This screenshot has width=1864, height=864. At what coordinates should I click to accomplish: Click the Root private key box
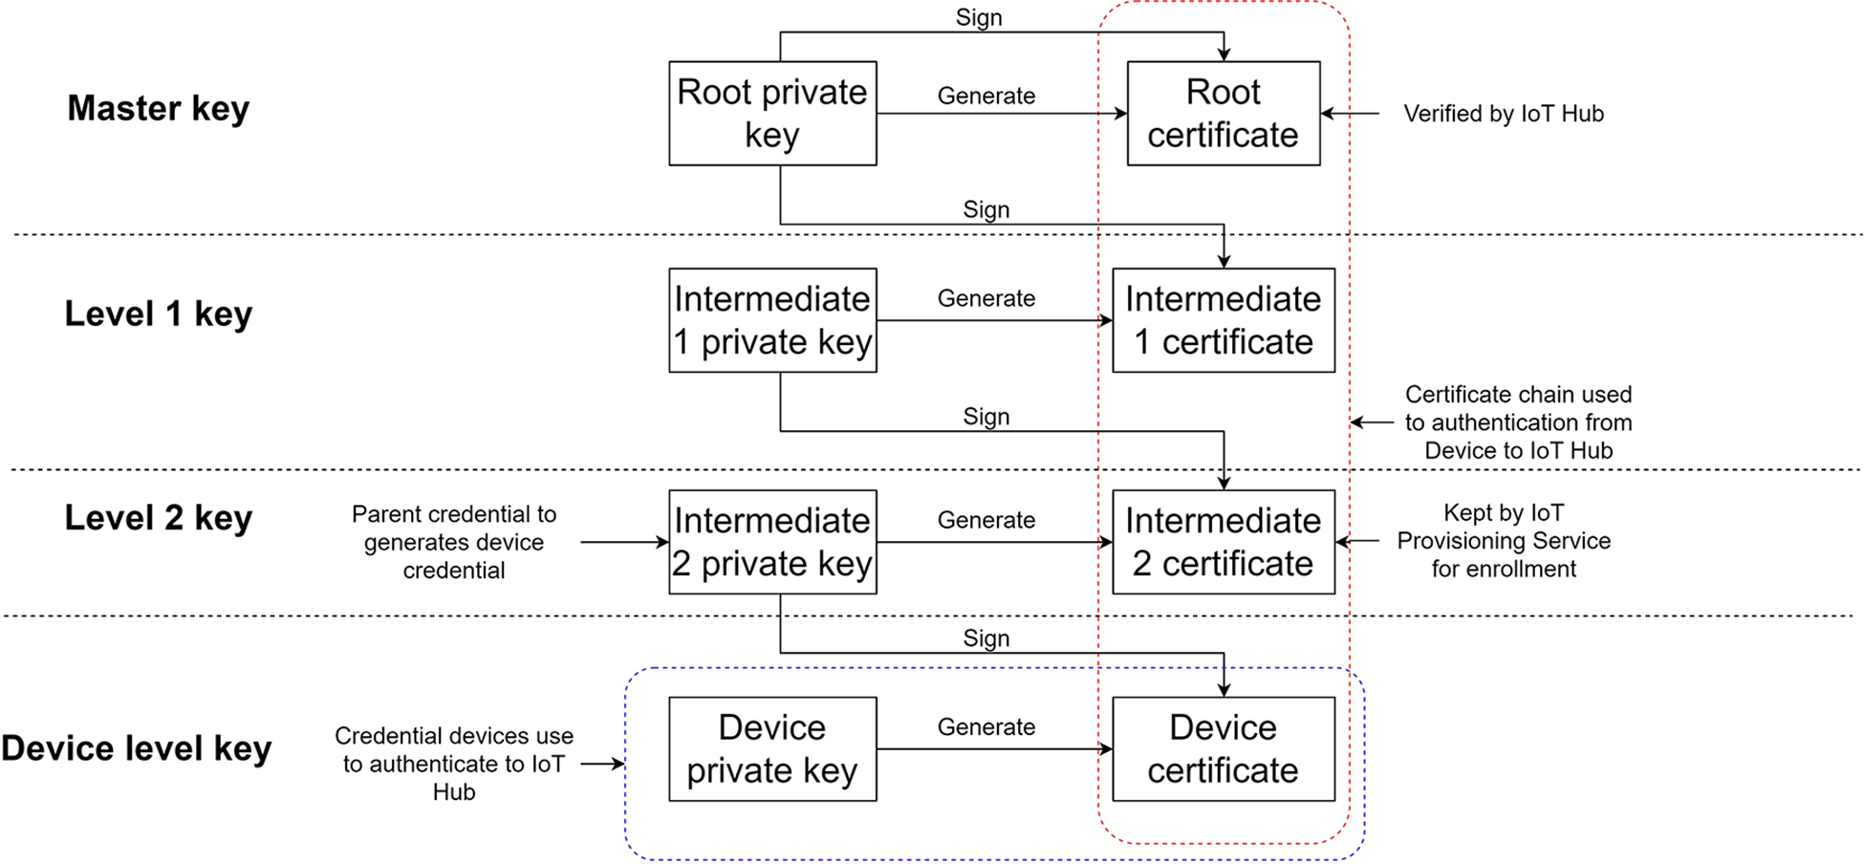click(772, 114)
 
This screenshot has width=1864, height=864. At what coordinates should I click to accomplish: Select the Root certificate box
click(1223, 114)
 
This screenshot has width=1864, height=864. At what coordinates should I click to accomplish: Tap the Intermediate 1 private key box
click(772, 320)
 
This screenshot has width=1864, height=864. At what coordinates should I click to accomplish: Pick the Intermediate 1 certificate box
click(1223, 320)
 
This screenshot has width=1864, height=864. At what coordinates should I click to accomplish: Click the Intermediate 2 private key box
click(772, 542)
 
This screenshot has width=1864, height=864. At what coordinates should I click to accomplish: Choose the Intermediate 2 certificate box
click(1223, 542)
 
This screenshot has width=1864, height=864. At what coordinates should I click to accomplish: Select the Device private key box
click(772, 748)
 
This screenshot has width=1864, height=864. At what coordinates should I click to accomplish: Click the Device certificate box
click(1223, 748)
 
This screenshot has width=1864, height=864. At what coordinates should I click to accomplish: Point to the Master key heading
click(158, 108)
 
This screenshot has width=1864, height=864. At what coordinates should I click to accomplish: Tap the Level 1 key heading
click(158, 313)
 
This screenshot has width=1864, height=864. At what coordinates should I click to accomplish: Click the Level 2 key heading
click(158, 518)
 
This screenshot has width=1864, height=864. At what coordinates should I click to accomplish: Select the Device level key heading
click(136, 748)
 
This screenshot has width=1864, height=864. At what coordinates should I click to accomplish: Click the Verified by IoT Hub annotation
click(1503, 114)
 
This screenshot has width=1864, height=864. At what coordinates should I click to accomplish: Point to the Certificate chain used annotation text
click(1518, 422)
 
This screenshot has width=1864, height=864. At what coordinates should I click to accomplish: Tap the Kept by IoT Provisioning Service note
click(1503, 541)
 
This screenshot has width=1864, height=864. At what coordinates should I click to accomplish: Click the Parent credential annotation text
click(454, 542)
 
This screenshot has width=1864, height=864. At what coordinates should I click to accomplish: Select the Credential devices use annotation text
click(454, 764)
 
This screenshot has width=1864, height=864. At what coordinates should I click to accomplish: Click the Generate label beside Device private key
click(986, 727)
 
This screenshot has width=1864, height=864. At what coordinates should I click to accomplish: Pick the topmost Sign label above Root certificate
click(979, 18)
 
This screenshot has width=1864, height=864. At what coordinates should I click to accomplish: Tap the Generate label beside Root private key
click(986, 96)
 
